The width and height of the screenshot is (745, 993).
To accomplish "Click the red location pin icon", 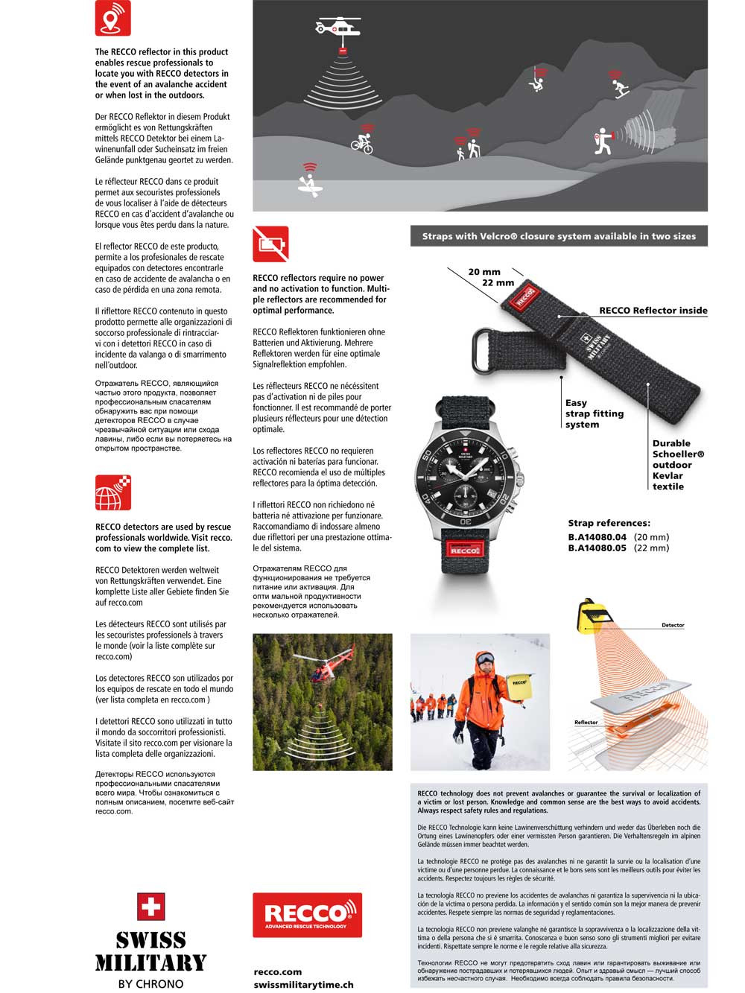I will point(112,18).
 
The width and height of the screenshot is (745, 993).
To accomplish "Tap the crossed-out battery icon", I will point(270,244).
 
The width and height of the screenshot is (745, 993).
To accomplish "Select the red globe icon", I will point(112,493).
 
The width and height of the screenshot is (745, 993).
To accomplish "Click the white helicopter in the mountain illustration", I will point(337,28).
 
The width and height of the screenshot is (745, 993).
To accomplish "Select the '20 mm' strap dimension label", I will point(484,272).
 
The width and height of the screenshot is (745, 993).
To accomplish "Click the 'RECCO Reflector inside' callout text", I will point(653,311).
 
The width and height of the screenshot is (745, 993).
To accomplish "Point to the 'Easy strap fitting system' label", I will point(594,413).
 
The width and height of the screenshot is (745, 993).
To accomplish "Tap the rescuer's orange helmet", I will point(485,659).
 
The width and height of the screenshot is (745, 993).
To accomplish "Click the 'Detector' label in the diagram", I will point(673,626).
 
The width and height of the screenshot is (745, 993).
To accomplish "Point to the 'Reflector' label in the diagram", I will point(586,723).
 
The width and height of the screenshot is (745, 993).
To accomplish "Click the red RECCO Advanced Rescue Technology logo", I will point(307,915).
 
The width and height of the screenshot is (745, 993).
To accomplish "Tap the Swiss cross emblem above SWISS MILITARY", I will point(150,907).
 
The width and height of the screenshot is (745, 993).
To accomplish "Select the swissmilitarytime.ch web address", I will point(303,985).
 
